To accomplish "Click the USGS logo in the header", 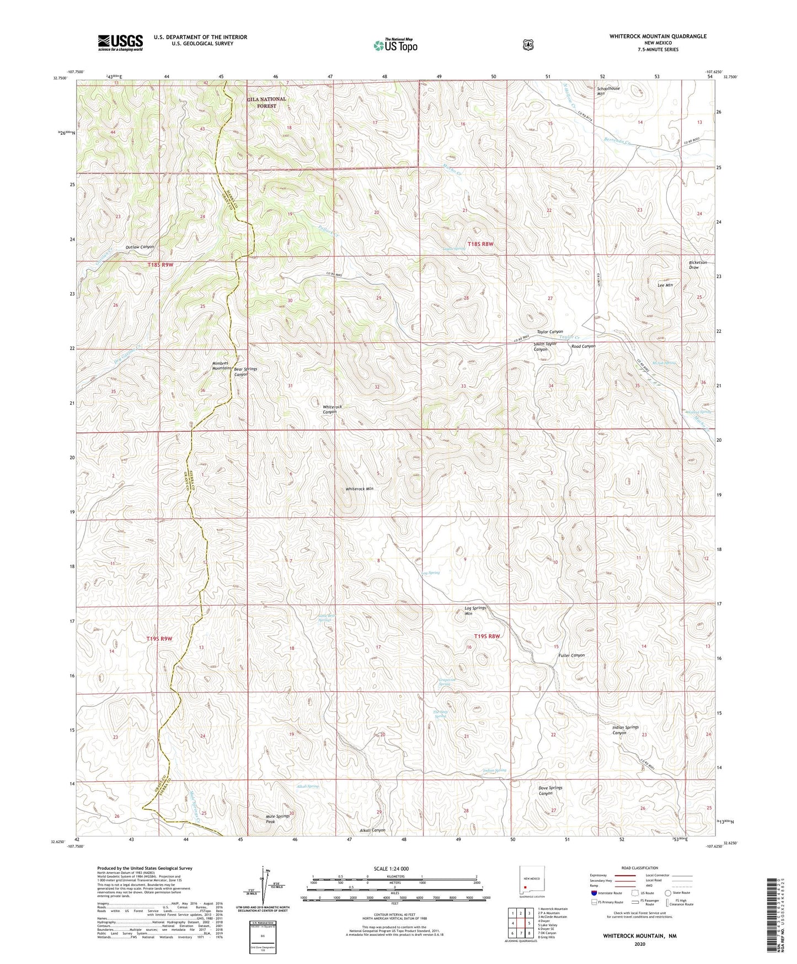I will pos(120,42).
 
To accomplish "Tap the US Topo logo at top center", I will pos(395,45).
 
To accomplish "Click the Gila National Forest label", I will pos(266,103).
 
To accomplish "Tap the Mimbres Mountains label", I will pos(222,366).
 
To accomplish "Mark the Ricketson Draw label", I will pos(698,264).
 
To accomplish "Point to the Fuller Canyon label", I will pos(571,655).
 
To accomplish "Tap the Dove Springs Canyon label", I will pos(550,791).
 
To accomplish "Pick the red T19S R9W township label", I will pos(159,639).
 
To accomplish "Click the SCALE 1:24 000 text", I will pos(391,868).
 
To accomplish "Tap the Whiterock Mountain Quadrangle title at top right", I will pos(657,36).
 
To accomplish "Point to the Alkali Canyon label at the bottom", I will pos(372,830).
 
